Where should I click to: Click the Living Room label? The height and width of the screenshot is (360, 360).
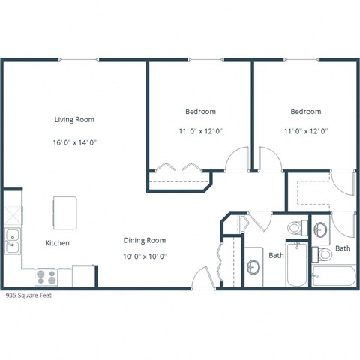[x=73, y=119]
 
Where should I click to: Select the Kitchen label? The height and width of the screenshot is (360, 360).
[x=57, y=243]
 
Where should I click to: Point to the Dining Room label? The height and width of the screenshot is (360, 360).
[x=145, y=240]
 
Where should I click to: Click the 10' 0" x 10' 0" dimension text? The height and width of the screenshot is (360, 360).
[x=145, y=256]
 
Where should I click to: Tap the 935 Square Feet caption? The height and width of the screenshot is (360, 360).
[x=29, y=295]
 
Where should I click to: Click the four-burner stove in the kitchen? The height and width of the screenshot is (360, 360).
[x=46, y=277]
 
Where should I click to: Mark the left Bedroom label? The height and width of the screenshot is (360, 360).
[x=200, y=112]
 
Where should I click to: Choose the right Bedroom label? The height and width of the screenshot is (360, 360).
[x=306, y=112]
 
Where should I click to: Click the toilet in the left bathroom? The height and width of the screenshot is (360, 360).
[x=295, y=226]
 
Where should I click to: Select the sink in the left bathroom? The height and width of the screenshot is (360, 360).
[x=254, y=267]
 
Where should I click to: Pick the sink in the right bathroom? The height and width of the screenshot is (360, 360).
[x=320, y=229]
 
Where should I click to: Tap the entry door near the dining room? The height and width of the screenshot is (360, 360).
[x=201, y=277]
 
